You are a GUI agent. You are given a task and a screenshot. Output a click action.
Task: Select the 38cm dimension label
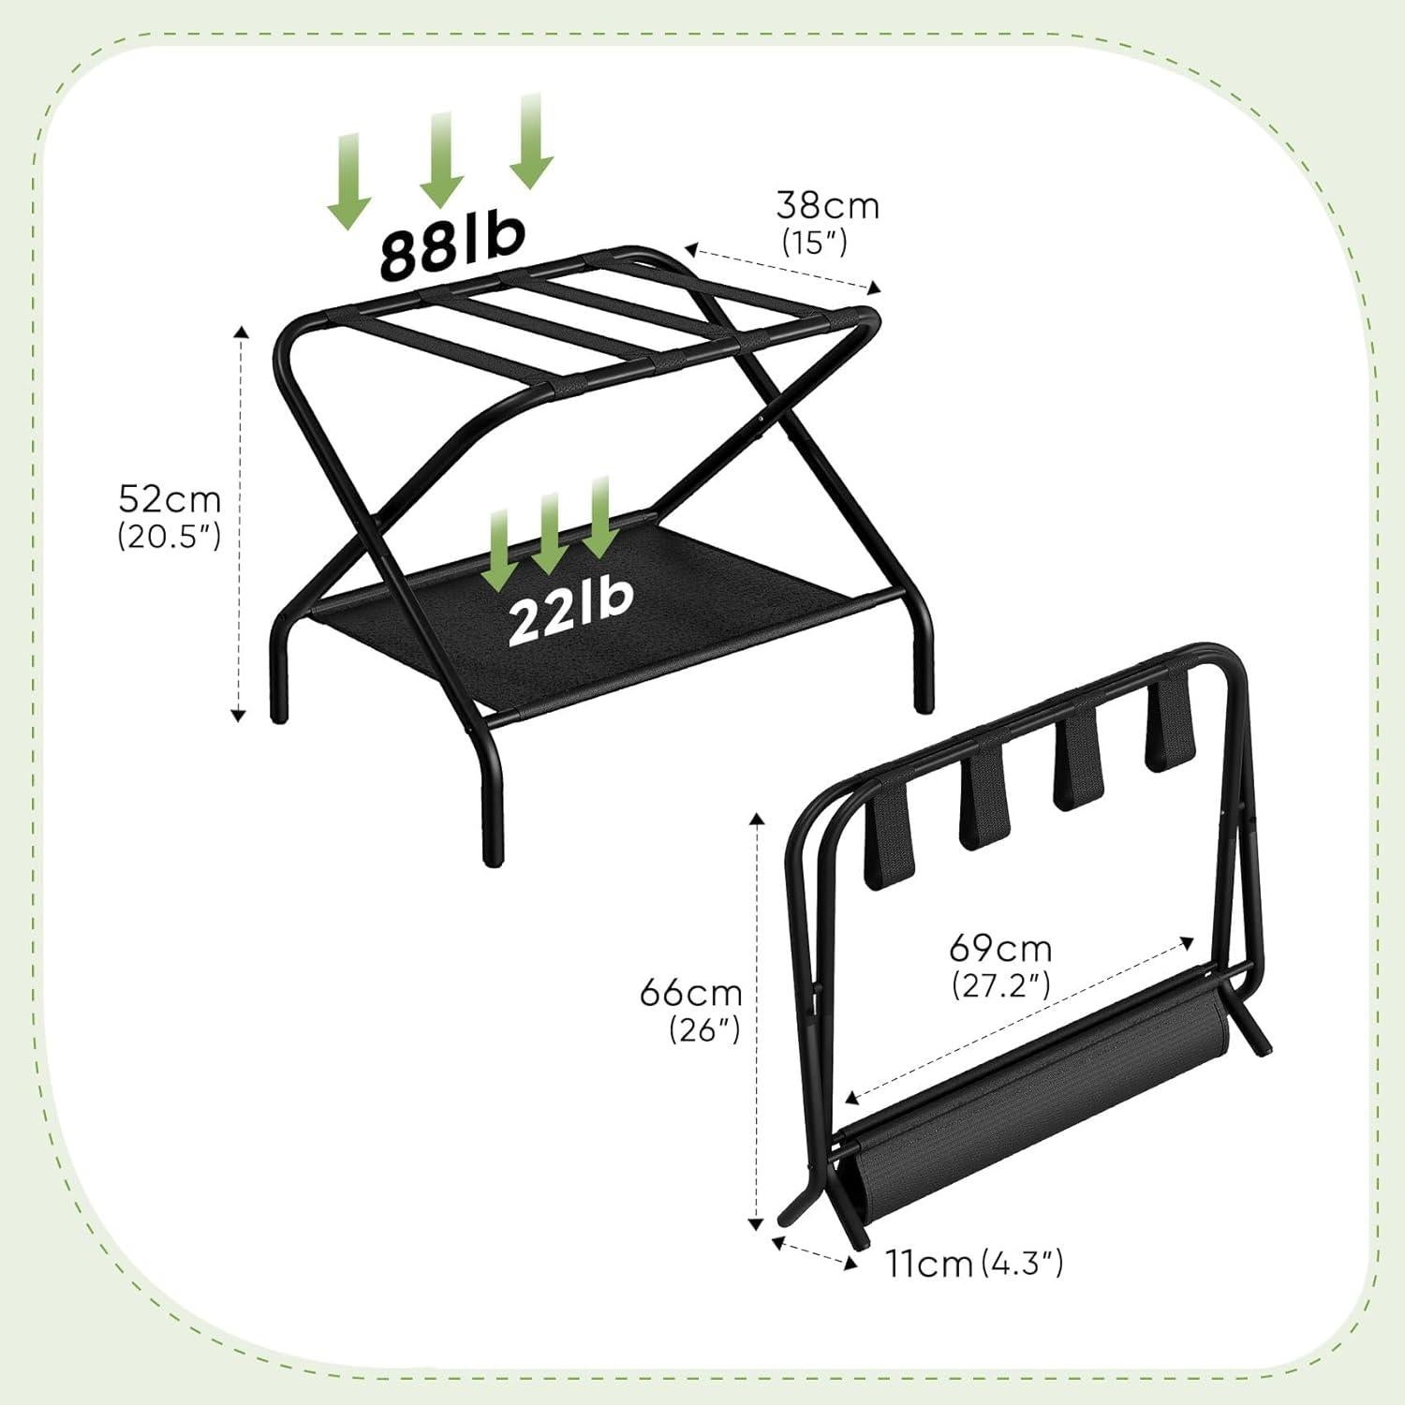[828, 205]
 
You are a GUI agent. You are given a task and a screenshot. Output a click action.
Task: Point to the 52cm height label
[170, 499]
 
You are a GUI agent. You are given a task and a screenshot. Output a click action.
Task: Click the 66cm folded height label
[691, 992]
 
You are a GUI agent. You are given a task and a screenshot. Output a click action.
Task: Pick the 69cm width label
[1000, 949]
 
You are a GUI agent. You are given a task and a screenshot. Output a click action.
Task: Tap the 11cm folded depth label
[930, 1264]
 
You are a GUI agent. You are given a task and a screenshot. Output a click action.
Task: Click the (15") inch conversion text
[815, 243]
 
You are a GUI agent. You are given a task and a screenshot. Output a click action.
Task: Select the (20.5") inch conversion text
[170, 536]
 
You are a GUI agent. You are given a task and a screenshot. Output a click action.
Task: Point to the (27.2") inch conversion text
[1001, 985]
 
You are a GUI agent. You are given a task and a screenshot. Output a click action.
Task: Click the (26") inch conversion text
[705, 1029]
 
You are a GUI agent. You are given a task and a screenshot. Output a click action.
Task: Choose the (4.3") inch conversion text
[1023, 1264]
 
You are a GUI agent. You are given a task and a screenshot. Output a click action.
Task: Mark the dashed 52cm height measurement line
[240, 525]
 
